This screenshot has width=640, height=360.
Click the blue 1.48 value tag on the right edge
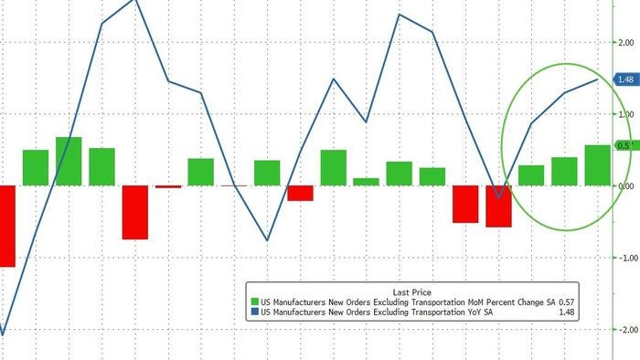[626, 79]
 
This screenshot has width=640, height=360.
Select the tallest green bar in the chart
[69, 161]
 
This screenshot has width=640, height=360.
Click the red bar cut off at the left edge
[7, 226]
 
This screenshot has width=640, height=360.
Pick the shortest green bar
[366, 182]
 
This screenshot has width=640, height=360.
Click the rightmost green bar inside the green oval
[598, 164]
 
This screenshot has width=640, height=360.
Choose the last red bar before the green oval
[498, 206]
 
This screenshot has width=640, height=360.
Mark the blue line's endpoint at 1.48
[598, 79]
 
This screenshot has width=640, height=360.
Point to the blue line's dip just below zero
[498, 196]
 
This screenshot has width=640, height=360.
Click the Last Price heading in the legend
[411, 293]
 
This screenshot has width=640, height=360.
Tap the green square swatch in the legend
[255, 302]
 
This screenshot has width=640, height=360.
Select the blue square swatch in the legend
[255, 312]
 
